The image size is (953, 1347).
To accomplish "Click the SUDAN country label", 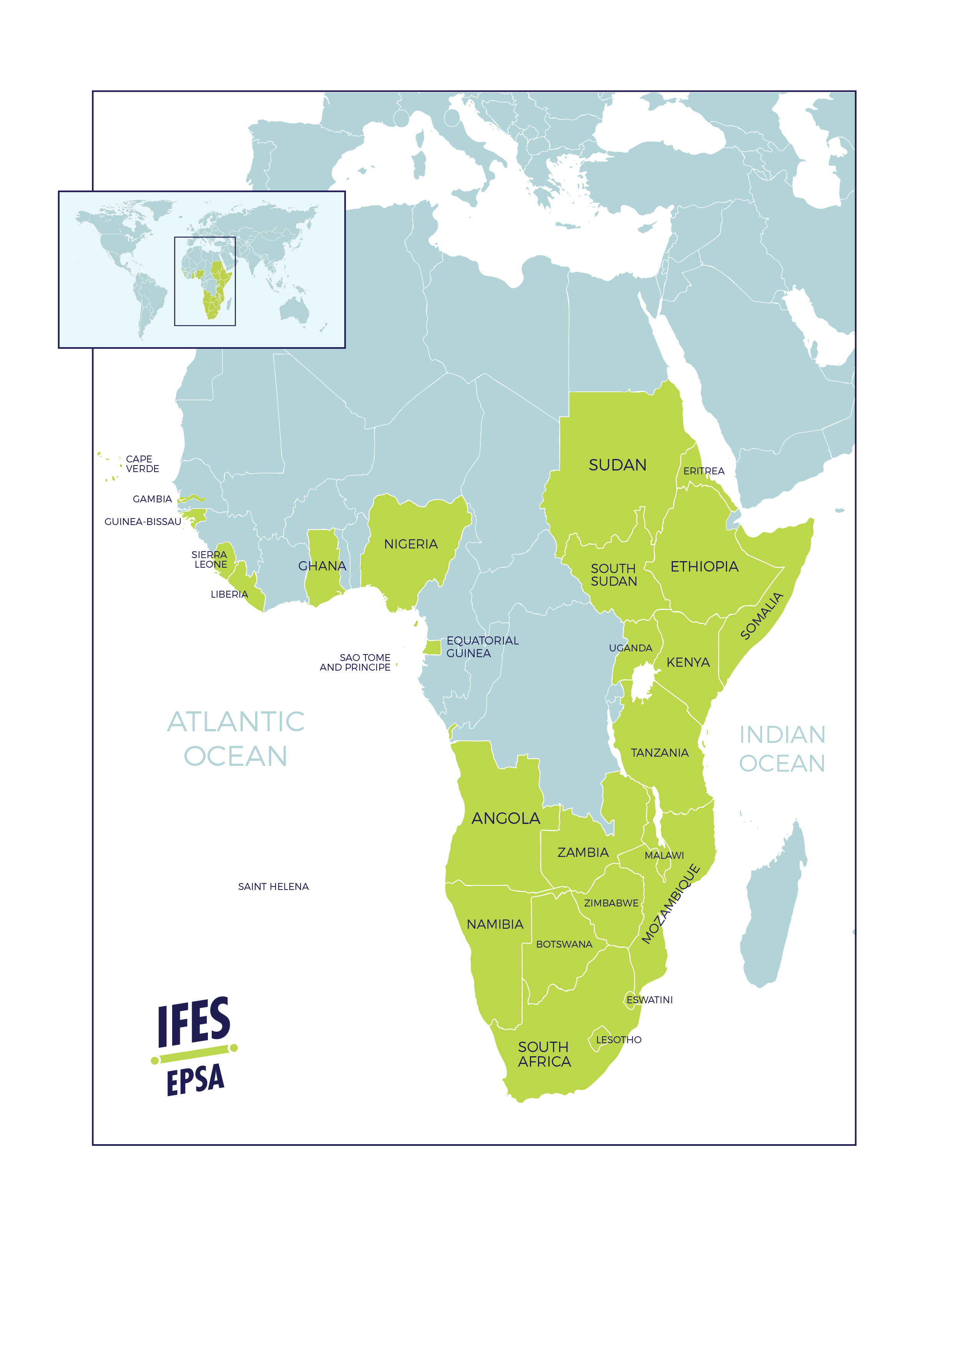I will (618, 465).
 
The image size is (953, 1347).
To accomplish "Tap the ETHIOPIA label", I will (704, 567).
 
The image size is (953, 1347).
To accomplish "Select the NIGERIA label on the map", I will (411, 544).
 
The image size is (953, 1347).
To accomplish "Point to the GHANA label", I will (322, 566).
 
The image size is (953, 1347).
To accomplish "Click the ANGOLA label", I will (506, 818).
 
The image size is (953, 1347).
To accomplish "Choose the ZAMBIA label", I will (583, 852).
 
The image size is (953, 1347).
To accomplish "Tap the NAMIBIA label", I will (495, 925).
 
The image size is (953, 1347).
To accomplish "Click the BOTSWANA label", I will (564, 944).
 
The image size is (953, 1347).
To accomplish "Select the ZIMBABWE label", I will (611, 903).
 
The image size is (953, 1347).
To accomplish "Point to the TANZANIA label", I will (659, 753).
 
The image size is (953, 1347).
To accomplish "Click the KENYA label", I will (688, 662).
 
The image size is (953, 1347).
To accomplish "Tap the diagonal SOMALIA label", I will (762, 616).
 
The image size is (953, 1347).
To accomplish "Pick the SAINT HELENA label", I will (274, 886).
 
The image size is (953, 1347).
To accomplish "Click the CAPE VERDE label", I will (142, 464).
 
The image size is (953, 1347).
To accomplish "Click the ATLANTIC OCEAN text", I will (236, 739).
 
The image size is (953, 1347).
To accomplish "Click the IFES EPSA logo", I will (194, 1046).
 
